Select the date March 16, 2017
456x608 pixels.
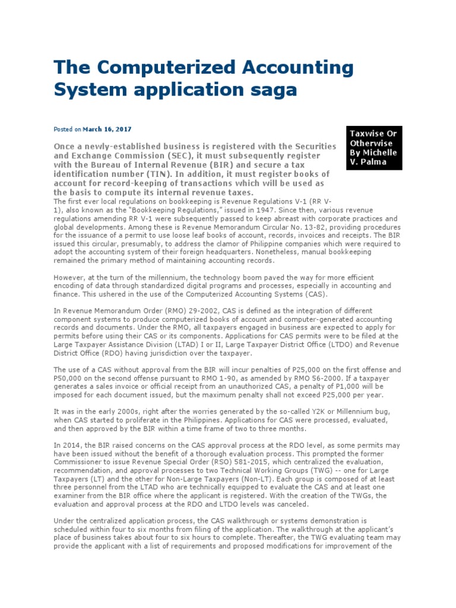[x=107, y=129]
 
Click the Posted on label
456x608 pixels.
[x=67, y=129]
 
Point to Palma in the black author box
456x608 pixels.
[x=374, y=162]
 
